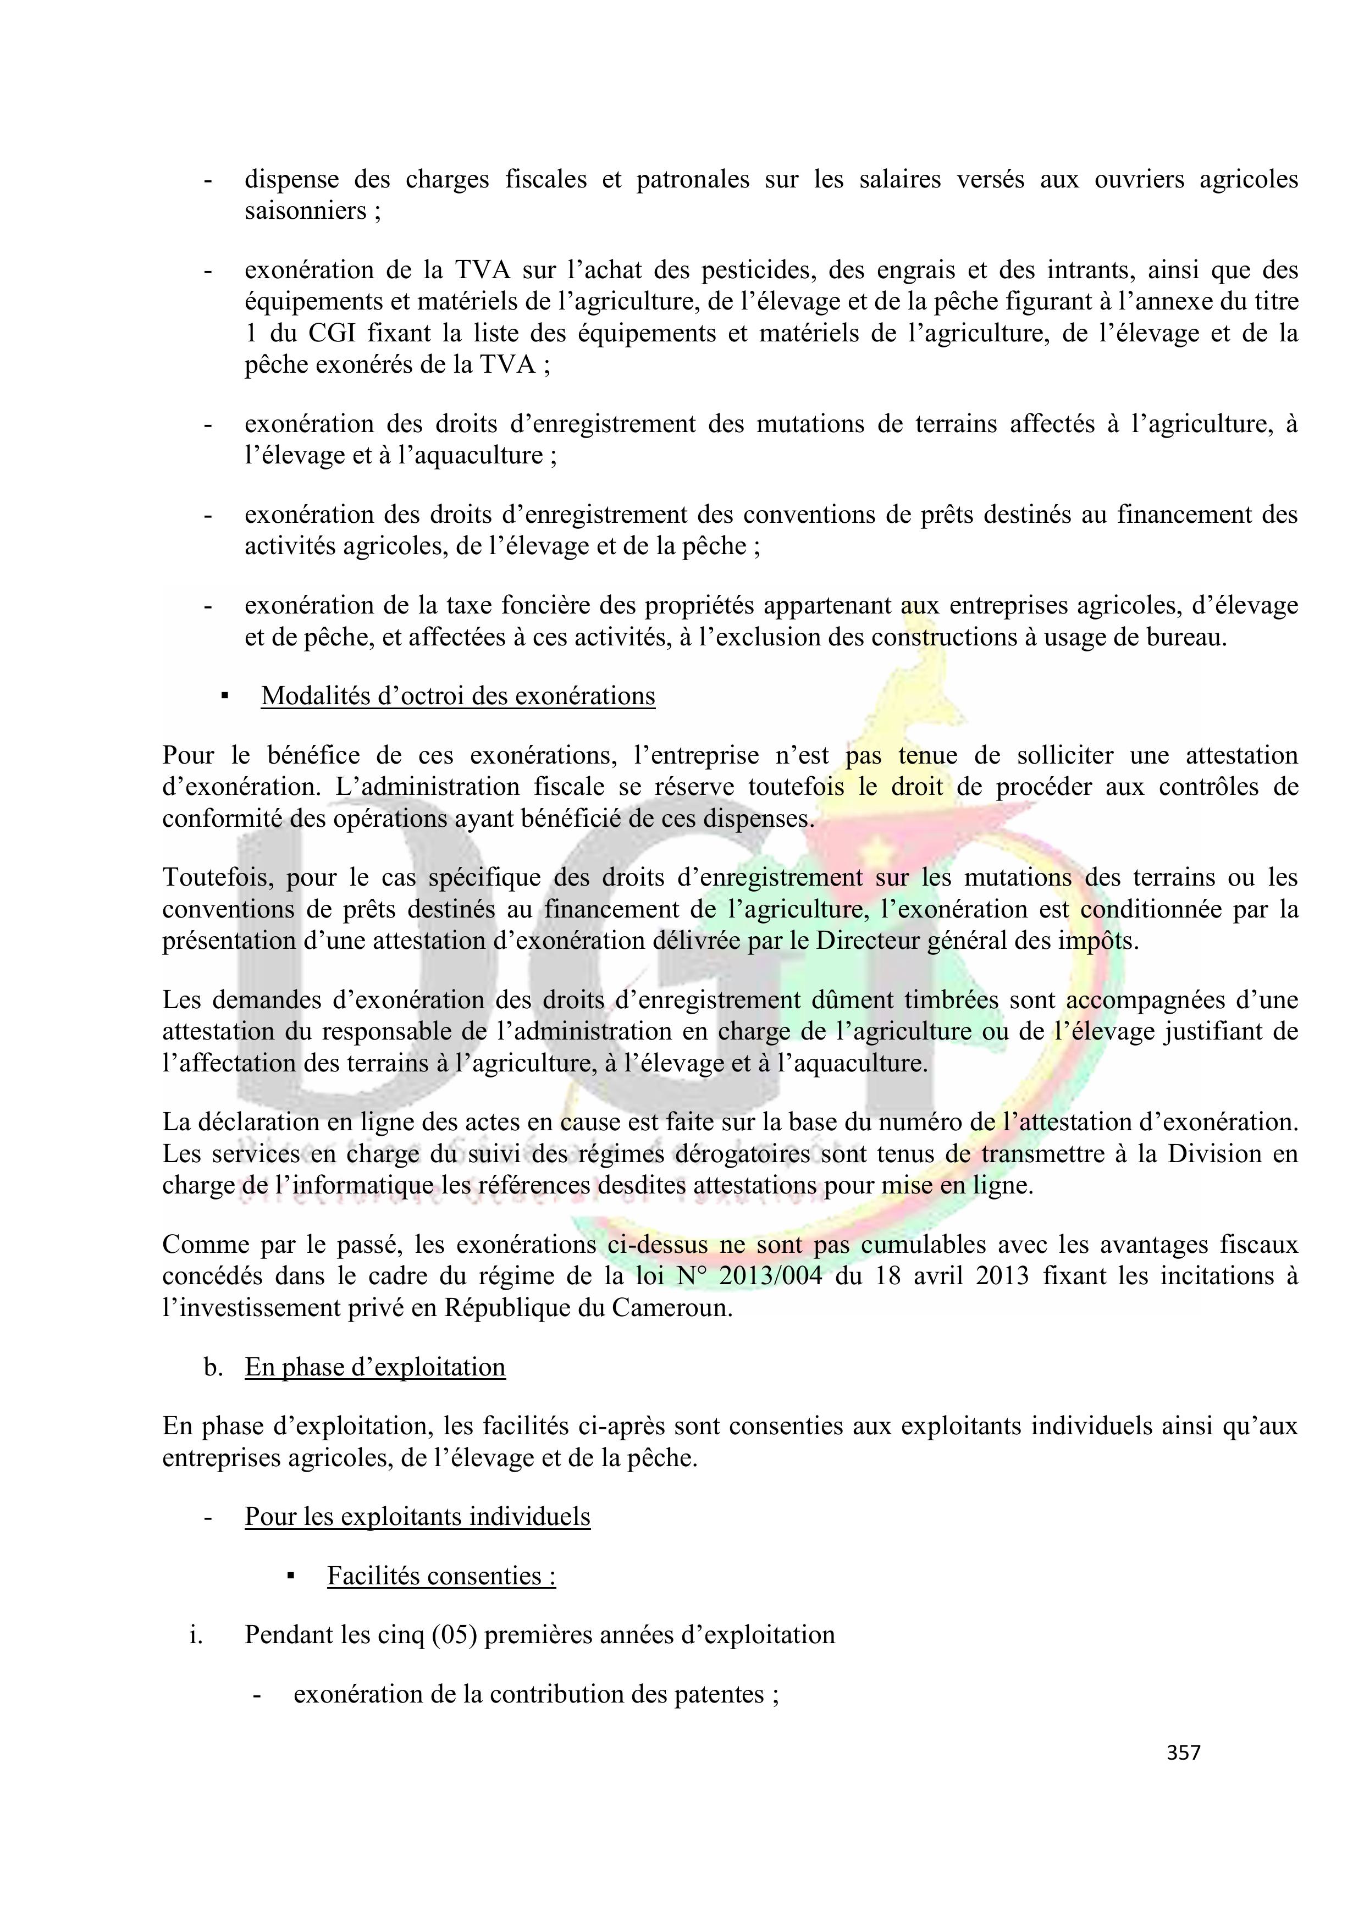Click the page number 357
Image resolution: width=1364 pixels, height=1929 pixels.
tap(1183, 1753)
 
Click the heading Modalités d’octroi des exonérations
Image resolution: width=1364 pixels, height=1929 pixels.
tap(458, 697)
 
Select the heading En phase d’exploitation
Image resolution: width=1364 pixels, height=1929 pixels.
tap(375, 1368)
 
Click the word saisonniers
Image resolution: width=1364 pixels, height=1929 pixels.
tap(306, 211)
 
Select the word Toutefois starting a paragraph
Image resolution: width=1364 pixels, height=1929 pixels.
tap(216, 878)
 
